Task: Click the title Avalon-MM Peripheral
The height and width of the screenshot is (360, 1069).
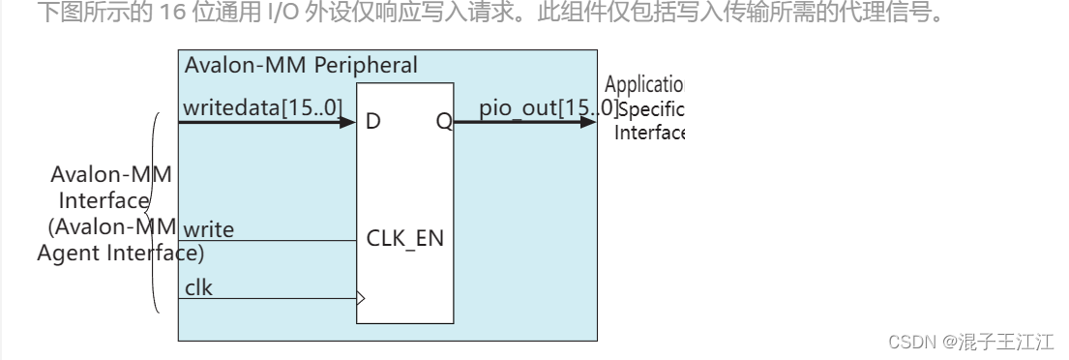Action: click(301, 66)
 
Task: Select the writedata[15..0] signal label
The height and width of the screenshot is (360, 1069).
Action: click(262, 108)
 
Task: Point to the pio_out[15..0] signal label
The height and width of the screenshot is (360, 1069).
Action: click(548, 107)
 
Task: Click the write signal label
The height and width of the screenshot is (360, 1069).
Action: click(208, 229)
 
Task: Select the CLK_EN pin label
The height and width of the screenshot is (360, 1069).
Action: click(405, 237)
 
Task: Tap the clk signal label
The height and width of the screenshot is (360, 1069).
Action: click(198, 287)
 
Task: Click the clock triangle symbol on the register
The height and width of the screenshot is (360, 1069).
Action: click(361, 298)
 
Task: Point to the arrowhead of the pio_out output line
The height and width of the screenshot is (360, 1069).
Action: click(589, 122)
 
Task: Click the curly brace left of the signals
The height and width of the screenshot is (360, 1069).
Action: click(154, 213)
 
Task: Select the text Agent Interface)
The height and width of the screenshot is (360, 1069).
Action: click(121, 255)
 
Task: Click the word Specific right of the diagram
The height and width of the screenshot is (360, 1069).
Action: click(650, 109)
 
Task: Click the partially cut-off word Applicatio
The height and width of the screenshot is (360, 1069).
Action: click(644, 85)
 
